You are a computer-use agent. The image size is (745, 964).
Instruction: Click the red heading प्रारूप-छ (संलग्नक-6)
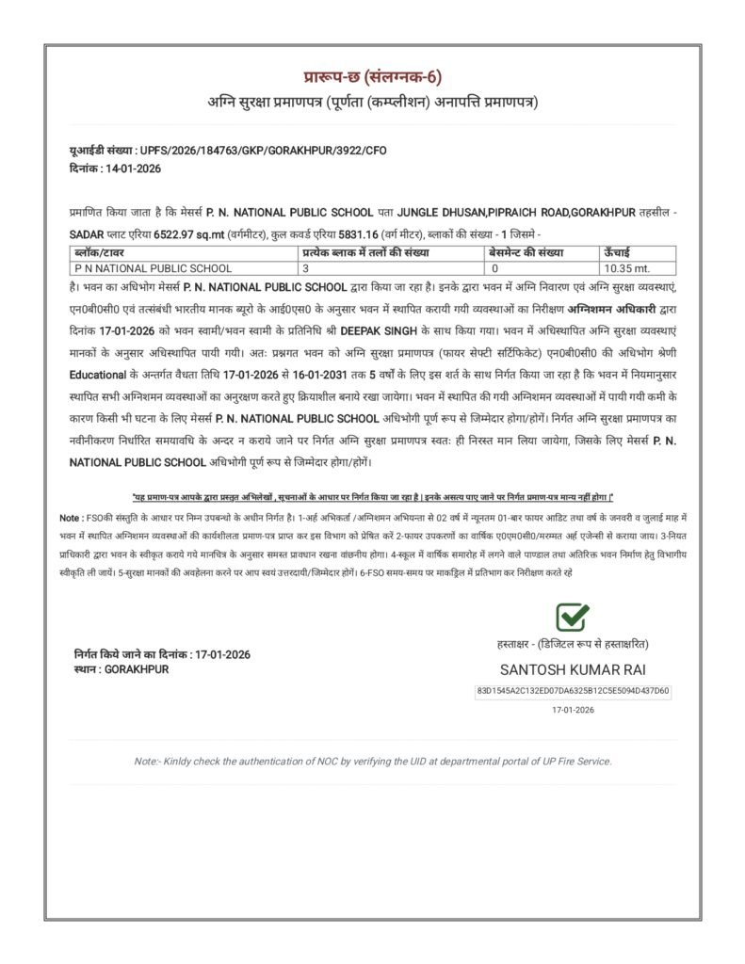[372, 77]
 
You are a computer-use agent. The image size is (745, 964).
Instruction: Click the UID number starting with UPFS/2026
[263, 150]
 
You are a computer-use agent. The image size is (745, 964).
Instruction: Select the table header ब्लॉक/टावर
[100, 253]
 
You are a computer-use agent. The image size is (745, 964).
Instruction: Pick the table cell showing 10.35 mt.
[627, 268]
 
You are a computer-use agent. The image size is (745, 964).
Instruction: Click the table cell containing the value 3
[306, 268]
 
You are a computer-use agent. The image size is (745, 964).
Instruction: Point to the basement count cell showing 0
[494, 268]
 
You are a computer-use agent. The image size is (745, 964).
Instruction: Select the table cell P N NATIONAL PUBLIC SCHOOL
[154, 268]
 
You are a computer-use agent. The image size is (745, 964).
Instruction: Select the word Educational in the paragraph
[97, 376]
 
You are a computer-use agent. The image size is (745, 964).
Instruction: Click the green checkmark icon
[573, 618]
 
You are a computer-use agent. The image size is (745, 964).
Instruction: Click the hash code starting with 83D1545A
[573, 691]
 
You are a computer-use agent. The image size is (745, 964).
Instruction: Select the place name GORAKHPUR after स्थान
[138, 668]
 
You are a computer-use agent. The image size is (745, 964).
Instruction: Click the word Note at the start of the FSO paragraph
[70, 518]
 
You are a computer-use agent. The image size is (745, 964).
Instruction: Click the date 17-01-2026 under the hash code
[573, 711]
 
